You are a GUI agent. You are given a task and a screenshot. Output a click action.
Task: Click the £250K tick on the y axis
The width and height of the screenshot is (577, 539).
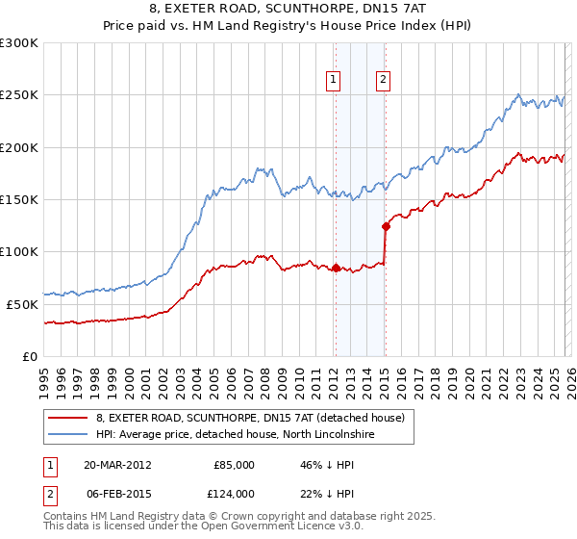click(x=19, y=95)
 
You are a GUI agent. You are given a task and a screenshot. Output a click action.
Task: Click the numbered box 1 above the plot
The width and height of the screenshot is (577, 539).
click(x=334, y=81)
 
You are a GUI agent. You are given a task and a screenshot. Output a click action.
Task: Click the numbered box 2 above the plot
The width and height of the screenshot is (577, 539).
click(x=383, y=81)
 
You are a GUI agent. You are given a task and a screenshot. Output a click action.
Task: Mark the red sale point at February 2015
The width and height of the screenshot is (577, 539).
click(x=386, y=227)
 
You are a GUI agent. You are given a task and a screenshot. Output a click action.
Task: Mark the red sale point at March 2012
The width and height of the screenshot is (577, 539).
click(x=337, y=268)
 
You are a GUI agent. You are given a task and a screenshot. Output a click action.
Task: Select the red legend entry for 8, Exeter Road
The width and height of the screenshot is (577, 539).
click(x=254, y=418)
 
